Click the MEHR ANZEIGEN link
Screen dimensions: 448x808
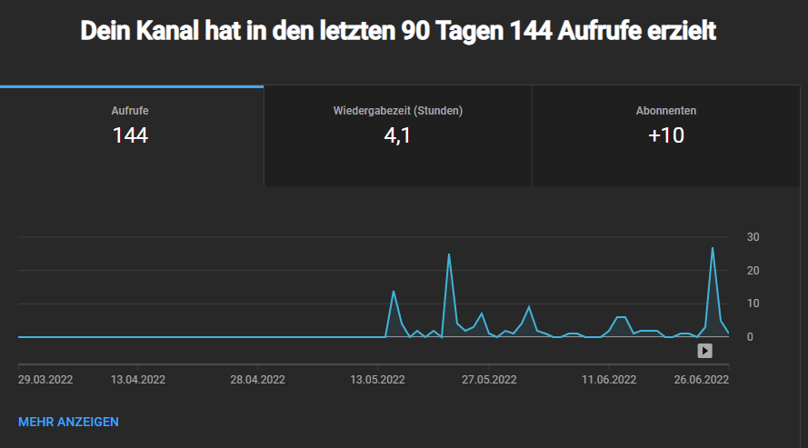[x=68, y=422]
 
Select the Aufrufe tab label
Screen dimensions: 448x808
[x=130, y=111]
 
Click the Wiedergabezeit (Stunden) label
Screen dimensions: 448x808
[x=398, y=111]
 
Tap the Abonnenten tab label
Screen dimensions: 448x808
[x=666, y=111]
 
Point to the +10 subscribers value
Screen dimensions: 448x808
[x=666, y=136]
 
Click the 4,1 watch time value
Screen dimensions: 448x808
[x=398, y=136]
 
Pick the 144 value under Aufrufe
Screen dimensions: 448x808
[x=130, y=136]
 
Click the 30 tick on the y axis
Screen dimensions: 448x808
[x=753, y=237]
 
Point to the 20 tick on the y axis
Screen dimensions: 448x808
[x=753, y=271]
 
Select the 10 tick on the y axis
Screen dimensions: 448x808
[x=753, y=304]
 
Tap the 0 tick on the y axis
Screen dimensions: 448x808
[x=751, y=337]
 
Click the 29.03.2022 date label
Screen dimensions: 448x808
[x=45, y=380]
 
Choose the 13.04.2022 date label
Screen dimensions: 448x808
[x=137, y=380]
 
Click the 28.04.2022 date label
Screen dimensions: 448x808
[x=257, y=380]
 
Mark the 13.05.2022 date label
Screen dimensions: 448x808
[x=378, y=380]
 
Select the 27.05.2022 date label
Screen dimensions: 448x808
[x=489, y=380]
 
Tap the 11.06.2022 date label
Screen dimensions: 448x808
[x=609, y=380]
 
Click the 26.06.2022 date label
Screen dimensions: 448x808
[x=702, y=380]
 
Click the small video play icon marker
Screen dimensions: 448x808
[x=704, y=351]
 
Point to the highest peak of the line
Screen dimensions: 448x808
[x=713, y=248]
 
